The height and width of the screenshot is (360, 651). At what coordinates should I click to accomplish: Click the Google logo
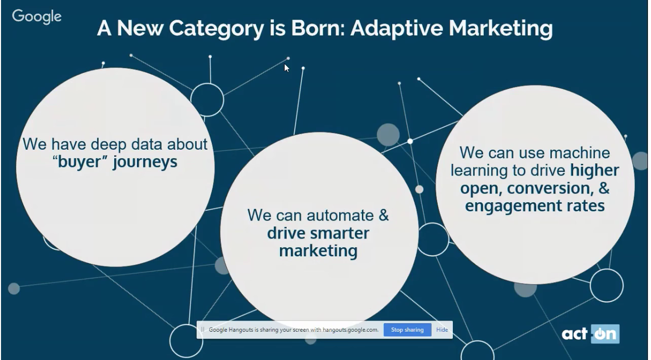tap(36, 17)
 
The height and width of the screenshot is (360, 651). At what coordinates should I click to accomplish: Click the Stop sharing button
tap(407, 330)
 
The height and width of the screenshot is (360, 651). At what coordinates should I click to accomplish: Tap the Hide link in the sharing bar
tap(442, 330)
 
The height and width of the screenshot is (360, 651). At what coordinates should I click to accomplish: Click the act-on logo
tap(590, 334)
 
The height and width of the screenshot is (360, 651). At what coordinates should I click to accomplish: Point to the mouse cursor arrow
tap(287, 68)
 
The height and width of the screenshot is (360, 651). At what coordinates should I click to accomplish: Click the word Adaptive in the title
tap(397, 28)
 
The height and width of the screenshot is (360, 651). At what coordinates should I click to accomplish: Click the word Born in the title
tap(318, 28)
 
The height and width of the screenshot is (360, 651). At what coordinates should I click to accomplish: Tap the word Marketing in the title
tap(500, 29)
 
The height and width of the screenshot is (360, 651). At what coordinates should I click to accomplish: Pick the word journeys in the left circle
tap(145, 162)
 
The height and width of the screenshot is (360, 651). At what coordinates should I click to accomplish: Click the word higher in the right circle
tap(594, 170)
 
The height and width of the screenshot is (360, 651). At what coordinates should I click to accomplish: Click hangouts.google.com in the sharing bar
tap(350, 330)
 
